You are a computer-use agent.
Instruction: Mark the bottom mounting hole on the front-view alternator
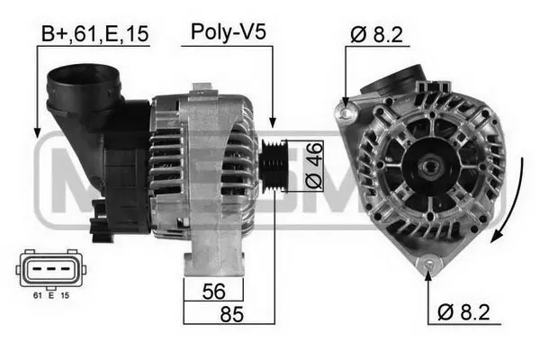click(429, 264)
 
